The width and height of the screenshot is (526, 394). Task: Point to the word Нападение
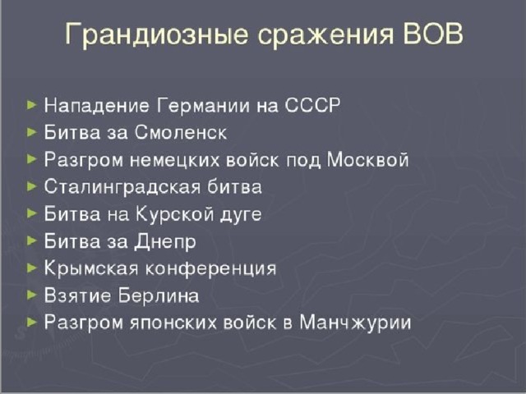click(97, 106)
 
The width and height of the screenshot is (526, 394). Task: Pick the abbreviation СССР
click(312, 105)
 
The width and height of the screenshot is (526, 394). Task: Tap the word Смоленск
click(181, 132)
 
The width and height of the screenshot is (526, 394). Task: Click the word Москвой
click(368, 159)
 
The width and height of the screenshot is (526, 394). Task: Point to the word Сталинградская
click(122, 187)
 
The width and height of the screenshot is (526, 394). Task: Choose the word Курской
click(175, 214)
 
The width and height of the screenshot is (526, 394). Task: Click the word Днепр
click(165, 242)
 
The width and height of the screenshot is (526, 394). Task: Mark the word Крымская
click(91, 268)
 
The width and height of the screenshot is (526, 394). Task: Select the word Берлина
click(159, 295)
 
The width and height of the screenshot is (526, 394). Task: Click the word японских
click(173, 323)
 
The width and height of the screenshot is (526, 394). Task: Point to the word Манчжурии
click(355, 323)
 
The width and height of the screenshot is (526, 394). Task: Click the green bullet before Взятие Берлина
click(31, 295)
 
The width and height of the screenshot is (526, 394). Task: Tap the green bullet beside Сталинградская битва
click(31, 186)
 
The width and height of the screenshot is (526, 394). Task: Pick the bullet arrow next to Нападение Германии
click(31, 105)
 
